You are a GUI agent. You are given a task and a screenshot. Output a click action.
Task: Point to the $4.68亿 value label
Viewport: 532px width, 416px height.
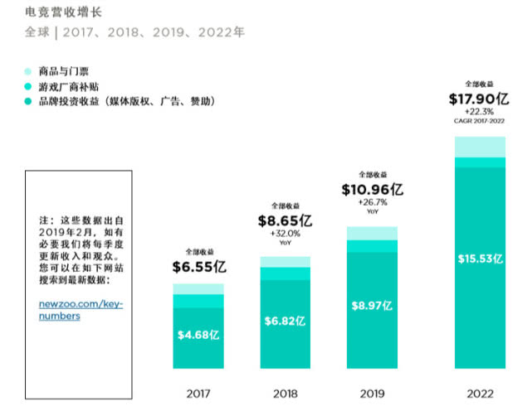[198, 335]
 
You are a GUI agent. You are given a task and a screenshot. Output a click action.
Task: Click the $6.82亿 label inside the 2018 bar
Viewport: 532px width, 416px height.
[285, 321]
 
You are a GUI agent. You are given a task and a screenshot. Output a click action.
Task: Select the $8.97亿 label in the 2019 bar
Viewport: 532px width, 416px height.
[372, 307]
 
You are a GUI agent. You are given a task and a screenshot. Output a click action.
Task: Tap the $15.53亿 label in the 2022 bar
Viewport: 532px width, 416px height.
[480, 259]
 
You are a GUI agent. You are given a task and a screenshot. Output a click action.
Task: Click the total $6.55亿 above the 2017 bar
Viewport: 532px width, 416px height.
[198, 267]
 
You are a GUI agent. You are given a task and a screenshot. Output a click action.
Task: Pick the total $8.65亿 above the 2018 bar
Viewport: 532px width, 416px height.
[285, 221]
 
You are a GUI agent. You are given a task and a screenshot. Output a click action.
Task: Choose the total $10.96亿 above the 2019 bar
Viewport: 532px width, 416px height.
[372, 190]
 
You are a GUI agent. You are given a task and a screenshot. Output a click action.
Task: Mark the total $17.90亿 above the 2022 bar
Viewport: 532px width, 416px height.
[480, 99]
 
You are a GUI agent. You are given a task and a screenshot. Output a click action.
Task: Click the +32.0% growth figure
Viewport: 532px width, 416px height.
[285, 235]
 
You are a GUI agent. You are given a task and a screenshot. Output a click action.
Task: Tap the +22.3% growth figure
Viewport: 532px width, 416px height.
[480, 111]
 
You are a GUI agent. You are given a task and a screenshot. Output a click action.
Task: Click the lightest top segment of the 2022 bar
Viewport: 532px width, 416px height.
[480, 146]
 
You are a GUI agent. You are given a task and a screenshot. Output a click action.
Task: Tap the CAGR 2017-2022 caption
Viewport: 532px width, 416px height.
[480, 121]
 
